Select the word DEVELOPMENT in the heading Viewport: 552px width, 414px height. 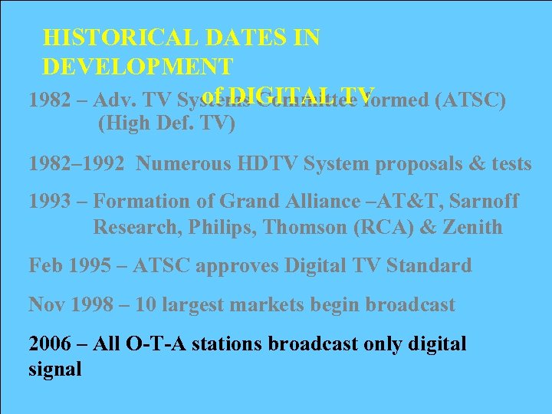click(x=138, y=67)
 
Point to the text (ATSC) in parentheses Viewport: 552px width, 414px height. click(x=469, y=101)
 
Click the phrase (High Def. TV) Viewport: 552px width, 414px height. click(x=166, y=123)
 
